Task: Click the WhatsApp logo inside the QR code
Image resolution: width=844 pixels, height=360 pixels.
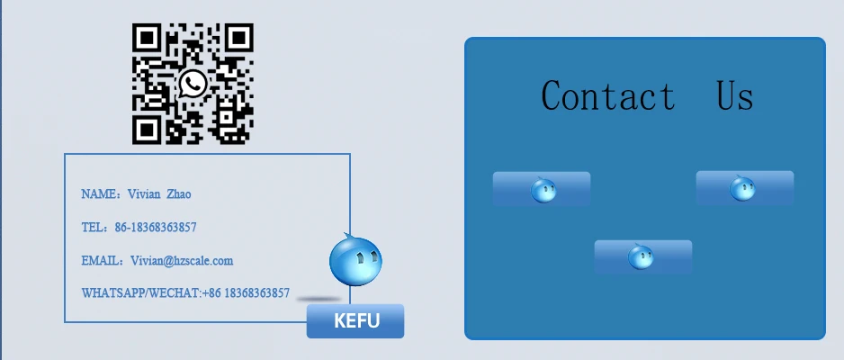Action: coord(193,84)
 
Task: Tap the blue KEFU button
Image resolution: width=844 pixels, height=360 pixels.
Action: coord(355,321)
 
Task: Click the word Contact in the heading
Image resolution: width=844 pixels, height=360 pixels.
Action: coord(608,95)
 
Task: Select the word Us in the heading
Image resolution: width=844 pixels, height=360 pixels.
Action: coord(734,95)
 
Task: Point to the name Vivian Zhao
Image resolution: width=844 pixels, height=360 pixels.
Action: coord(160,194)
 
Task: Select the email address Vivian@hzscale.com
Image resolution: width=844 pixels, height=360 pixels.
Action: coord(182,261)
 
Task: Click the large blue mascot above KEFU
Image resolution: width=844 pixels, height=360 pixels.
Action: coord(355,259)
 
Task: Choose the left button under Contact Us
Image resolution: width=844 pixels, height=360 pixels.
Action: coord(542,189)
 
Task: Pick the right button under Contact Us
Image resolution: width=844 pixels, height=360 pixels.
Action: coord(744,188)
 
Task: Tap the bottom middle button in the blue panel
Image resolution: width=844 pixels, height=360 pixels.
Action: coord(642,256)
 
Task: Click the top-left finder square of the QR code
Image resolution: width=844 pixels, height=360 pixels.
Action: coord(147,38)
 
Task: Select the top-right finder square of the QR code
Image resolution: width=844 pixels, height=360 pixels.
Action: coord(238,38)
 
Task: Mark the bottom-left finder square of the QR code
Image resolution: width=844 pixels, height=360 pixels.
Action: coord(147,130)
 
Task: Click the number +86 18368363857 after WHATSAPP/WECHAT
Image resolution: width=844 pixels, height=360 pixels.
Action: coord(247,293)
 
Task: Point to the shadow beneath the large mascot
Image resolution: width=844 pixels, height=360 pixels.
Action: coord(320,299)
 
